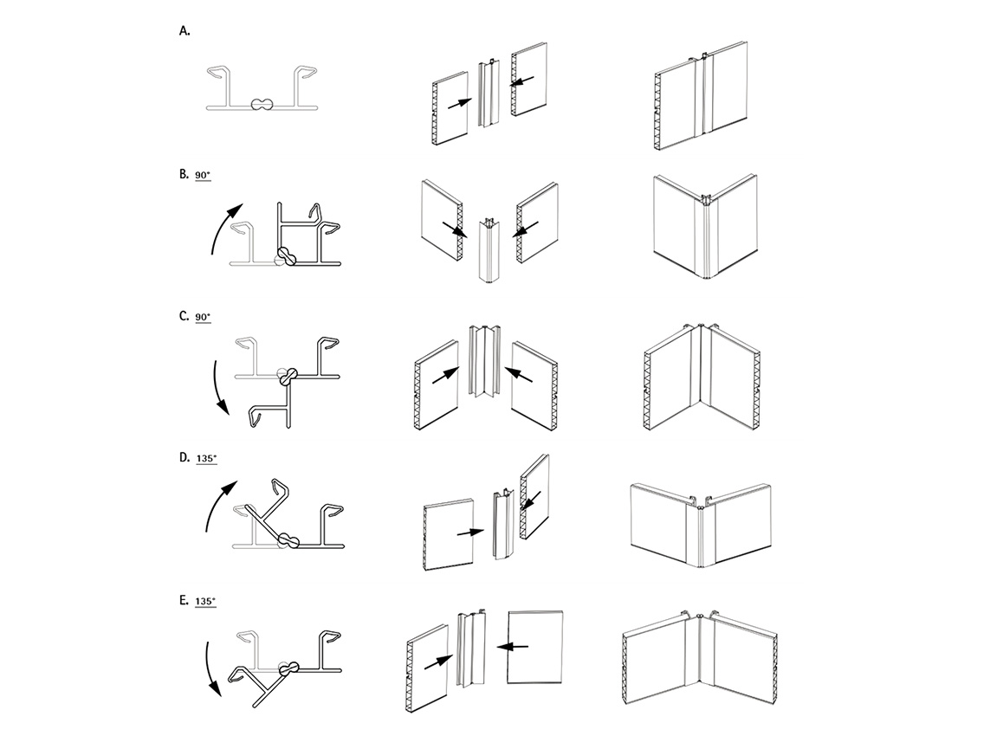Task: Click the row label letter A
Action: pyautogui.click(x=184, y=31)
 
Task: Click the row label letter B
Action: pyautogui.click(x=184, y=174)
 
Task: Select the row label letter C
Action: pyautogui.click(x=184, y=315)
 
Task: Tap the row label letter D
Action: pyautogui.click(x=184, y=457)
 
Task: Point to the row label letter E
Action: pyautogui.click(x=184, y=600)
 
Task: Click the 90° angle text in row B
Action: pyautogui.click(x=203, y=175)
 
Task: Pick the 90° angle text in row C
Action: pyautogui.click(x=203, y=317)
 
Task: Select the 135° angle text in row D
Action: pyautogui.click(x=206, y=459)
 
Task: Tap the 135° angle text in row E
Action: pyautogui.click(x=205, y=601)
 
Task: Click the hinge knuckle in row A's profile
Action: pyautogui.click(x=262, y=105)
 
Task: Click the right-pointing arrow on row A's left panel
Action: pyautogui.click(x=460, y=104)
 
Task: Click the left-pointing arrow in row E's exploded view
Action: pyautogui.click(x=512, y=646)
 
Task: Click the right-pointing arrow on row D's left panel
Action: pyautogui.click(x=470, y=533)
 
